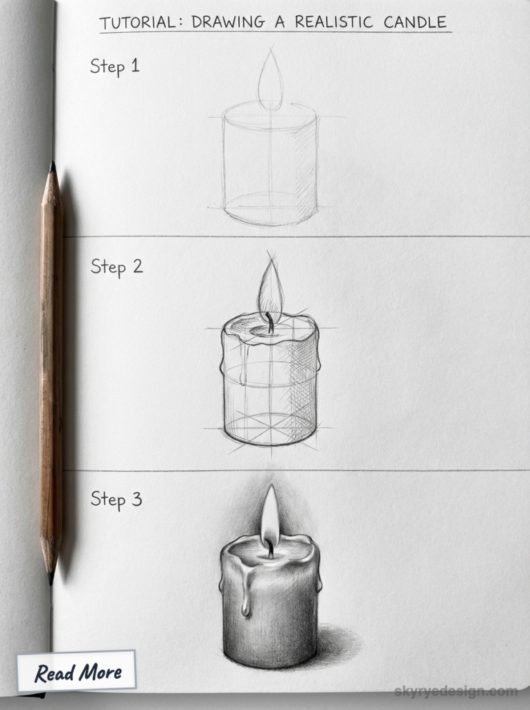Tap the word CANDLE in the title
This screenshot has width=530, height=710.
click(x=416, y=21)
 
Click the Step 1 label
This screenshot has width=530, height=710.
click(x=114, y=67)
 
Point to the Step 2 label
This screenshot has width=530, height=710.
click(x=116, y=266)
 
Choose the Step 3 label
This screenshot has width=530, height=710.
click(x=116, y=499)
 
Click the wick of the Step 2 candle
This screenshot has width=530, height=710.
click(x=270, y=322)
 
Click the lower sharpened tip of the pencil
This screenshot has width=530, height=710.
click(x=51, y=576)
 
